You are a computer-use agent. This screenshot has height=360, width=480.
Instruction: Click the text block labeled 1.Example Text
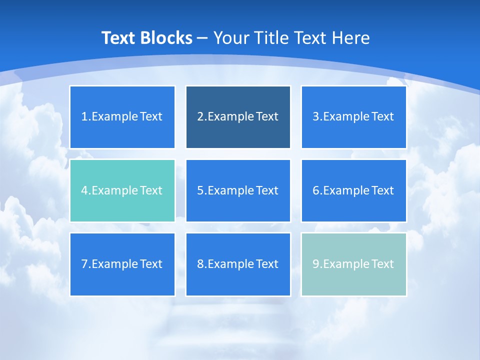[x=122, y=117]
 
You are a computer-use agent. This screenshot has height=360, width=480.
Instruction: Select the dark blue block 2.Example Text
[x=238, y=117]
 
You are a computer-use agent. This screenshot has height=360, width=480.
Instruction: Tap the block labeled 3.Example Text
[x=353, y=117]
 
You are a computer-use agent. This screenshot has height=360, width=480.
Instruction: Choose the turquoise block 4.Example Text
[x=122, y=190]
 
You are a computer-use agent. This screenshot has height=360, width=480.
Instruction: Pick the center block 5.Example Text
[x=238, y=190]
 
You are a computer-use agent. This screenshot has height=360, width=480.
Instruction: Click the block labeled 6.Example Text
[x=353, y=190]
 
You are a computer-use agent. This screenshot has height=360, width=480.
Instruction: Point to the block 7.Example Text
[x=122, y=264]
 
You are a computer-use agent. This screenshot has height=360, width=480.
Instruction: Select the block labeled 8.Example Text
[x=238, y=264]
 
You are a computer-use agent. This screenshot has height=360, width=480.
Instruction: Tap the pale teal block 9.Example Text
[x=353, y=264]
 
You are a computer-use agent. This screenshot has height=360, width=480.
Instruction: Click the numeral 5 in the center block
[x=200, y=190]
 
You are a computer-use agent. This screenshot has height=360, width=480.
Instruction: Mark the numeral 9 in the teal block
[x=315, y=264]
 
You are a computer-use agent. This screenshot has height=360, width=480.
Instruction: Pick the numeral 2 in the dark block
[x=200, y=117]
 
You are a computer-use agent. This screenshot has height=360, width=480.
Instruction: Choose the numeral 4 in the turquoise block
[x=84, y=190]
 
